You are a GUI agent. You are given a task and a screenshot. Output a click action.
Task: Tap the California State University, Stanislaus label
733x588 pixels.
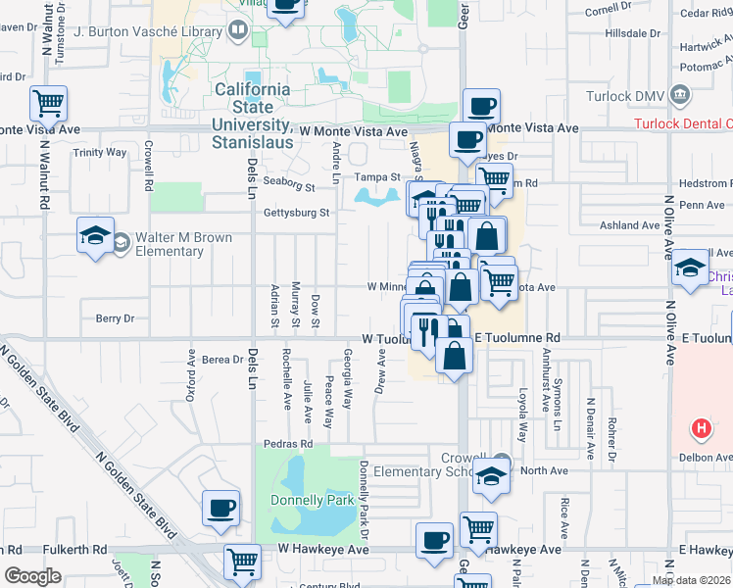pyautogui.click(x=253, y=108)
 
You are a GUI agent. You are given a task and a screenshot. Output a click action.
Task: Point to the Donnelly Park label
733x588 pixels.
pyautogui.click(x=311, y=501)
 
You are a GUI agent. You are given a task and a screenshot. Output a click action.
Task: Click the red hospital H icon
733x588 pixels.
pyautogui.click(x=701, y=428)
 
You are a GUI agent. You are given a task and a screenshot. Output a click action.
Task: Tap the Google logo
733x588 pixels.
pyautogui.click(x=32, y=576)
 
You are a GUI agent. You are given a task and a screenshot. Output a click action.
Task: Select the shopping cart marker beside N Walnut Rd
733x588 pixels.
pyautogui.click(x=48, y=102)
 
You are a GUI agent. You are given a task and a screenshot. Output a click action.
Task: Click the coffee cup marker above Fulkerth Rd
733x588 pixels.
pyautogui.click(x=220, y=507)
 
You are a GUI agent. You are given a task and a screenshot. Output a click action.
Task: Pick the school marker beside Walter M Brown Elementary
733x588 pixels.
pyautogui.click(x=96, y=235)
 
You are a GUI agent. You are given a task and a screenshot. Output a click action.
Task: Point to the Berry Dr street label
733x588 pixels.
pyautogui.click(x=114, y=318)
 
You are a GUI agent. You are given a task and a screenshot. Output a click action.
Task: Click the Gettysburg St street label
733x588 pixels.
pyautogui.click(x=294, y=212)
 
